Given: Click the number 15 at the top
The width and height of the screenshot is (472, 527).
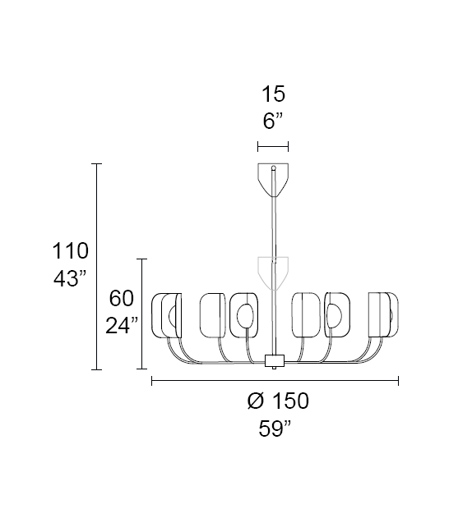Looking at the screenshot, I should point(273,94).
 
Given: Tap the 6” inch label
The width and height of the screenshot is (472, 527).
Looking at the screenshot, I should point(273,121).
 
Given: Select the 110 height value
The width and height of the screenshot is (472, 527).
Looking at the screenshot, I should point(71,250).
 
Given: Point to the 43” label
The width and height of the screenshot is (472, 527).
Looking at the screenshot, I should point(71,278).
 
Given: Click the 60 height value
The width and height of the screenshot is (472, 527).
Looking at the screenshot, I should point(121,298).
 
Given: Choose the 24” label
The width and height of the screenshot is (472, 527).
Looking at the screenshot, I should point(121,326).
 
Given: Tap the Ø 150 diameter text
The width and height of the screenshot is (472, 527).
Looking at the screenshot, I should point(278,401).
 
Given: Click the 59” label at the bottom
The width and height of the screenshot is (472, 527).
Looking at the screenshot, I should point(272,428).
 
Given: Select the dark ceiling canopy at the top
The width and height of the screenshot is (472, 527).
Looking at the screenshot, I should point(273,179).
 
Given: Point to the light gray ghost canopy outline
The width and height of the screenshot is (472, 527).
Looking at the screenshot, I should point(273,271).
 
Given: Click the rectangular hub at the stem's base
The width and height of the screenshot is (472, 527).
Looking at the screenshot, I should point(274,360).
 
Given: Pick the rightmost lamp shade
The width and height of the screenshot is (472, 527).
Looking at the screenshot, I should point(383,314).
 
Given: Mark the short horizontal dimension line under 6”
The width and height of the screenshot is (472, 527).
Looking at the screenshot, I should point(273,147).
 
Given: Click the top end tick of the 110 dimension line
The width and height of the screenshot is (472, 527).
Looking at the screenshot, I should point(97,164).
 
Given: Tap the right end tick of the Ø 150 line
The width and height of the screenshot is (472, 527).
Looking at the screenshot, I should point(399,380).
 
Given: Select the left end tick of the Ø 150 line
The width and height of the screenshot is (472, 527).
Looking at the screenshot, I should point(152,380).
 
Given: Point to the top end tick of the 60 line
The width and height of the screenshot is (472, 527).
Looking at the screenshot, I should point(143,259).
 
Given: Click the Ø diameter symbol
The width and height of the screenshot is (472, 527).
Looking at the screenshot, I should point(255,401).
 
